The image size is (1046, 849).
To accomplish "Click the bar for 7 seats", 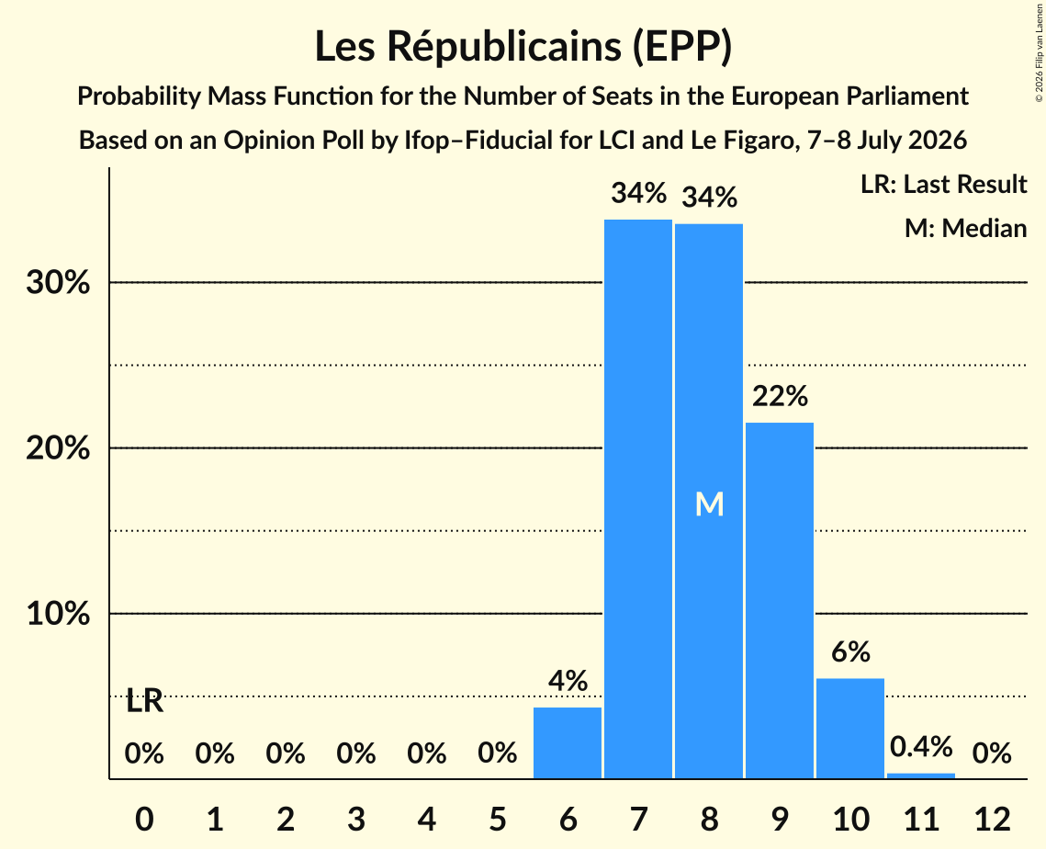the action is pos(638,499).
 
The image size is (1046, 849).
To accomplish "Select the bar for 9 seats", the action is pos(780,600).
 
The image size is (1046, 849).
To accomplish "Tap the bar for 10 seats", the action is pos(850,729).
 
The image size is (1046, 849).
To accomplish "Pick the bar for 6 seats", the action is pos(568,742).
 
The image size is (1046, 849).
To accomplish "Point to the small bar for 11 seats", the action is pos(921,775).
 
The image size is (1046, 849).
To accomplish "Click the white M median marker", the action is pos(709,504).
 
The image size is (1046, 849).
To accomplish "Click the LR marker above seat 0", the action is pos(145,701).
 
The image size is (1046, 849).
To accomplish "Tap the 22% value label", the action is pos(780,396).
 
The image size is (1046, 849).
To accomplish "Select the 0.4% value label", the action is pos(921,746).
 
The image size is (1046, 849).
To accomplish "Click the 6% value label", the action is pos(850,651).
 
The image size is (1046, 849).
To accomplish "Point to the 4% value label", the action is pos(568,681).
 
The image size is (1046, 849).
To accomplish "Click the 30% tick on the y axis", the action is pos(58,282).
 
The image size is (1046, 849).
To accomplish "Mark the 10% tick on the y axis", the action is pos(58,614).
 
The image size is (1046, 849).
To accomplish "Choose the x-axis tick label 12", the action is pos(992,819).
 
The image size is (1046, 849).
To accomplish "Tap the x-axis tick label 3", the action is pos(356,819).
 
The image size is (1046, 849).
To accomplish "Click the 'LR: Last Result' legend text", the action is pos(943,184).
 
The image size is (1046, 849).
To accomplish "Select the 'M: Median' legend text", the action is pos(965,228).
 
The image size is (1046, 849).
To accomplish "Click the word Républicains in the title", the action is pos(503,46).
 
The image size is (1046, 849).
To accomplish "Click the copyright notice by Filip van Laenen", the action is pos(1039,53).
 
